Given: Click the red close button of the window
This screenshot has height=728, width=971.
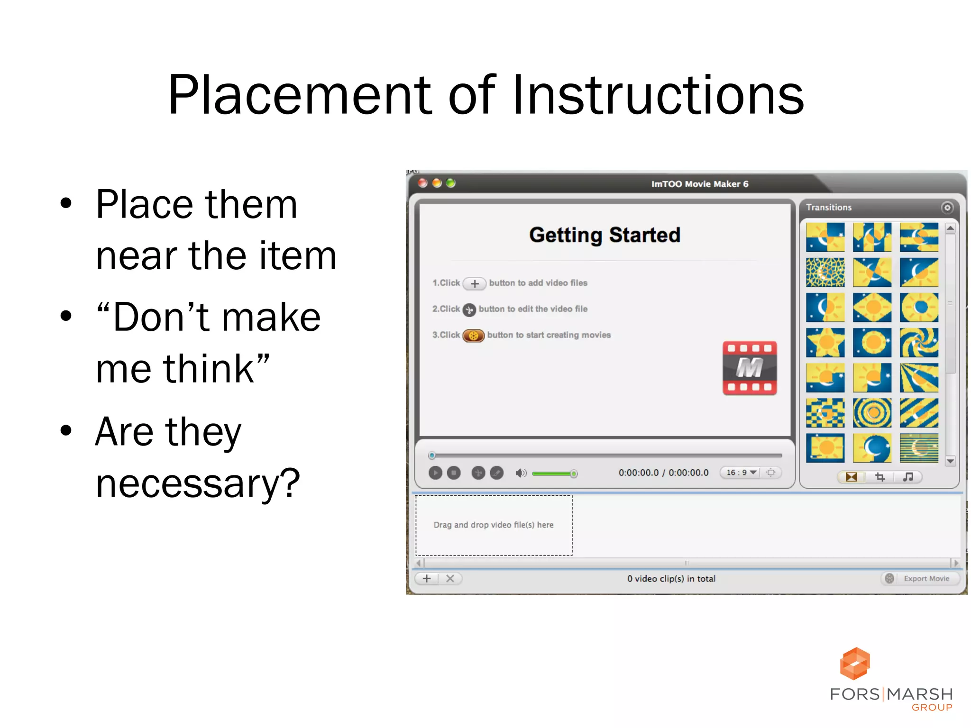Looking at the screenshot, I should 423,183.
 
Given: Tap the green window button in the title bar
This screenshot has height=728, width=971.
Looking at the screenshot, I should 450,183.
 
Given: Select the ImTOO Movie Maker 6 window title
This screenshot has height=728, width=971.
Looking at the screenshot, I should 699,184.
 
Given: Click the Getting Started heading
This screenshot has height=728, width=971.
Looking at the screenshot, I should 605,235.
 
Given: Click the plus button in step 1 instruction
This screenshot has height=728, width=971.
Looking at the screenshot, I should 475,283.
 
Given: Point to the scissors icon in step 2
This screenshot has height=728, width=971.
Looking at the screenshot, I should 469,310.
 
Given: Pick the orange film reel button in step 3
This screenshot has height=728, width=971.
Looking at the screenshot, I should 473,336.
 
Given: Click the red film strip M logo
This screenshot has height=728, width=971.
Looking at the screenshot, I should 749,368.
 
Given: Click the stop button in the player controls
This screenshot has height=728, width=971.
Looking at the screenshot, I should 454,473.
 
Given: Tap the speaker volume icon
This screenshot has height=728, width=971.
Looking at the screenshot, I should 521,473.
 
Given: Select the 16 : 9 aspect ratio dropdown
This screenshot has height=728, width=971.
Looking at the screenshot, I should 741,473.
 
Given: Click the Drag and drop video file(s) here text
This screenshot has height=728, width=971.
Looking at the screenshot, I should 494,525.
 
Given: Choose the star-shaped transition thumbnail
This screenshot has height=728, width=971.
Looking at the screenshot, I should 825,342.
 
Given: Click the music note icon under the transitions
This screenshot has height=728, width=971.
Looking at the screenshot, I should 908,477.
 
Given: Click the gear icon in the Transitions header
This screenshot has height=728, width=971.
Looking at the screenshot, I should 947,208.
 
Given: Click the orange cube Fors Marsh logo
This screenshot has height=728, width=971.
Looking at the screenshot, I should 855,664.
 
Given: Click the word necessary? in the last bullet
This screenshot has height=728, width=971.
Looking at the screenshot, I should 198,483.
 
